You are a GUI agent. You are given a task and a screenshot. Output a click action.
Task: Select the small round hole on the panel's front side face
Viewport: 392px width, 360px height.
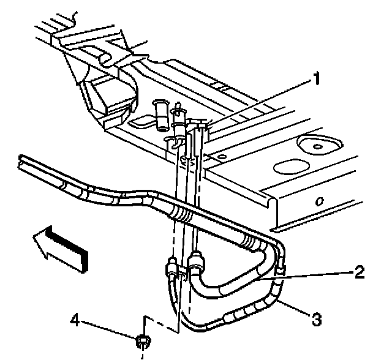(x=319, y=201)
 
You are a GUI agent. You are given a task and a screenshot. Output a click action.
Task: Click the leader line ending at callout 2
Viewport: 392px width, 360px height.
(x=306, y=276)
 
